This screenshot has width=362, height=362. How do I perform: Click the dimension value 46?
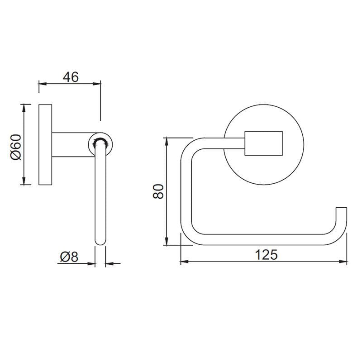[x=70, y=76]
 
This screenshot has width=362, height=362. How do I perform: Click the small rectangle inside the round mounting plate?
[x=264, y=144]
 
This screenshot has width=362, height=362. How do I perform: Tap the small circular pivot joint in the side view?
[x=100, y=144]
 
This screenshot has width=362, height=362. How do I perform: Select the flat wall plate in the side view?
[x=45, y=145]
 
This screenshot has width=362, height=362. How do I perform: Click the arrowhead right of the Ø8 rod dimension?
[x=109, y=262]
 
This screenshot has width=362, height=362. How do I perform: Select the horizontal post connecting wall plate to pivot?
[x=70, y=145]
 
